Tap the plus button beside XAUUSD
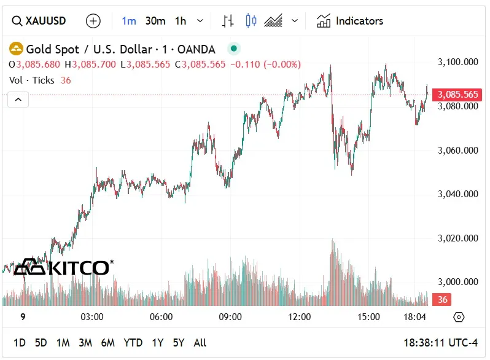click(x=93, y=21)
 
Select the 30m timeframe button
click(x=155, y=21)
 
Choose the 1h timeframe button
click(x=180, y=21)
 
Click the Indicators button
click(x=350, y=21)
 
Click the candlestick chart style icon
click(x=251, y=21)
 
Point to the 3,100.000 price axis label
click(x=458, y=62)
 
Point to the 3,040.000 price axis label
click(x=458, y=194)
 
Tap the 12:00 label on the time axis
click(x=300, y=317)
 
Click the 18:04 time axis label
click(x=415, y=317)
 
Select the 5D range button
click(x=41, y=343)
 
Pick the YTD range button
click(x=133, y=343)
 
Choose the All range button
click(x=200, y=343)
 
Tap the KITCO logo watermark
click(x=62, y=267)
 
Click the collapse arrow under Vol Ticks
click(x=18, y=99)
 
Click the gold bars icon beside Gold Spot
click(x=16, y=49)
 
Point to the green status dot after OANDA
click(x=233, y=49)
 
